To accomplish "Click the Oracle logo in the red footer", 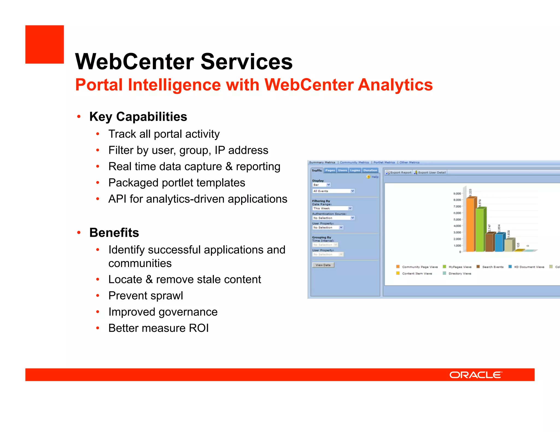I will (x=476, y=375).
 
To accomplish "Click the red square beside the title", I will (x=45, y=45).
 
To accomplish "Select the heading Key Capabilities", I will (x=138, y=117).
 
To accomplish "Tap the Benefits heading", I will (x=114, y=233).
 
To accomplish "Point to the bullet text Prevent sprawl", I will (x=145, y=296).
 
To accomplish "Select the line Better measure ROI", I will (x=158, y=328).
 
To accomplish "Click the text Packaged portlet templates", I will (x=177, y=183).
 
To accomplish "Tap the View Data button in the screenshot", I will (x=323, y=265).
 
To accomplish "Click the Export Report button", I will (x=399, y=173).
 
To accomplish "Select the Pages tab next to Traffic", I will (x=330, y=170).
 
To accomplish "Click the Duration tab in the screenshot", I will (x=370, y=170).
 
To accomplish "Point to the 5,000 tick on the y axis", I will (x=457, y=220).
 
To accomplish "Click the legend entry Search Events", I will (x=492, y=267).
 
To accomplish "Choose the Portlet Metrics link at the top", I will (x=384, y=162).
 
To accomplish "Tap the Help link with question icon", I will (x=373, y=177).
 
